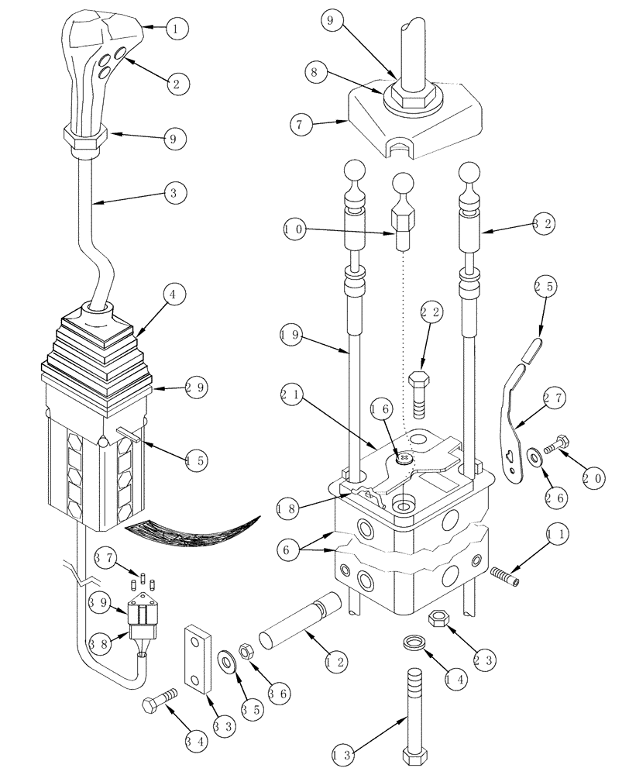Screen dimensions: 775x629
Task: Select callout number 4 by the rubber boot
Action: point(174,295)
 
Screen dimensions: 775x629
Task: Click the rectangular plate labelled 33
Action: point(198,656)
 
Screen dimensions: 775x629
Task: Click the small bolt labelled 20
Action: point(557,447)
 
